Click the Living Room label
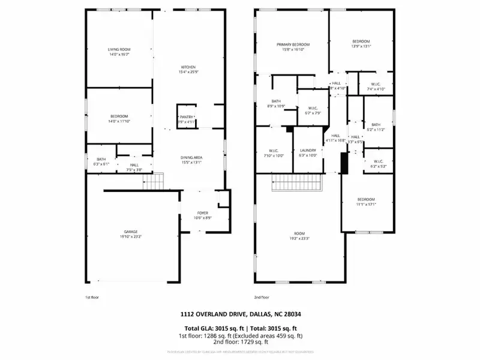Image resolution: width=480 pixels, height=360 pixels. tap(119, 49)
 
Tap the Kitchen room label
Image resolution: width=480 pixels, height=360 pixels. tap(189, 67)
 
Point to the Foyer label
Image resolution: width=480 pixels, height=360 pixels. tap(203, 213)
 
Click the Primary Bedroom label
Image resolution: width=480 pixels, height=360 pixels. tap(293, 45)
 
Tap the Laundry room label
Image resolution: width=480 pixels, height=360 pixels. tap(307, 151)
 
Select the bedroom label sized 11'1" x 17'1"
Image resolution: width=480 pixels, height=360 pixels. tap(366, 204)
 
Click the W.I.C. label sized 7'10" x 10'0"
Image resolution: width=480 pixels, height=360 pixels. tap(274, 155)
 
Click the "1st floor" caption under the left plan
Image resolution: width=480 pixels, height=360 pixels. tap(92, 297)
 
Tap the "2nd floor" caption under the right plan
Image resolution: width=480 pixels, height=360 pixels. tap(262, 297)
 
